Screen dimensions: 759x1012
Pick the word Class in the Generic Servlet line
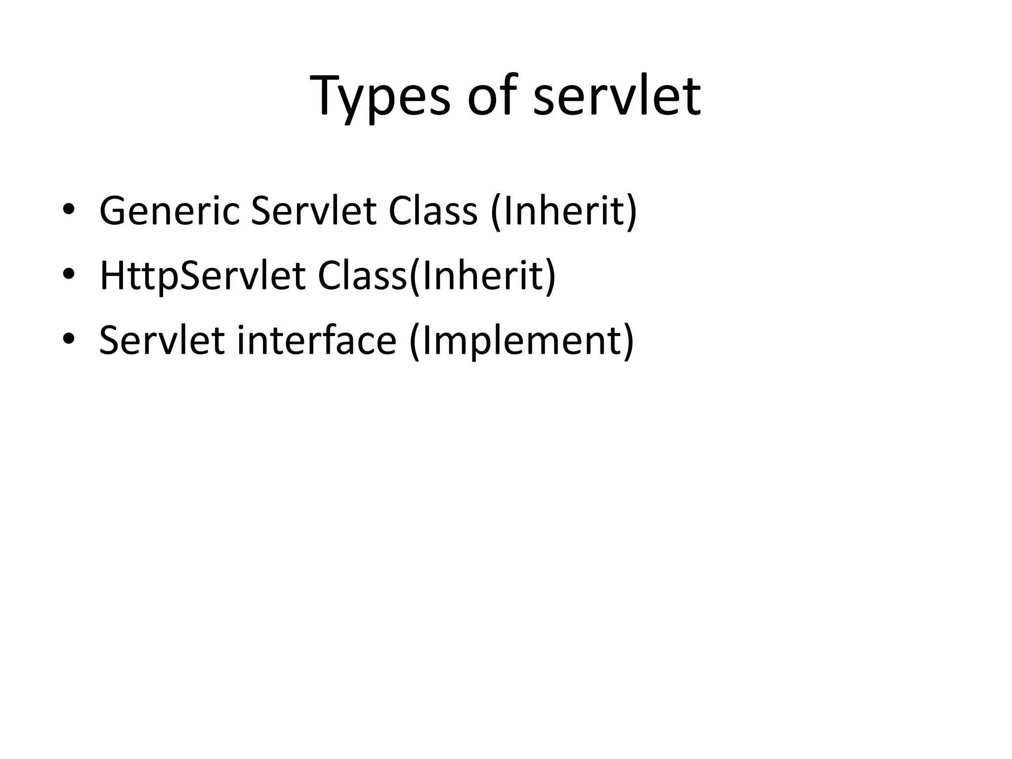click(x=433, y=211)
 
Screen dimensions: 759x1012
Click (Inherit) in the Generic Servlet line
click(x=564, y=211)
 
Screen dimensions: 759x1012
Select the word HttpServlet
click(x=203, y=275)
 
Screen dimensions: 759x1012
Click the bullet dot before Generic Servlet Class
click(x=69, y=209)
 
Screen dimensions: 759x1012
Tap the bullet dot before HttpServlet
click(x=69, y=274)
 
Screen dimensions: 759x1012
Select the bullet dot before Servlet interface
click(x=69, y=338)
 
